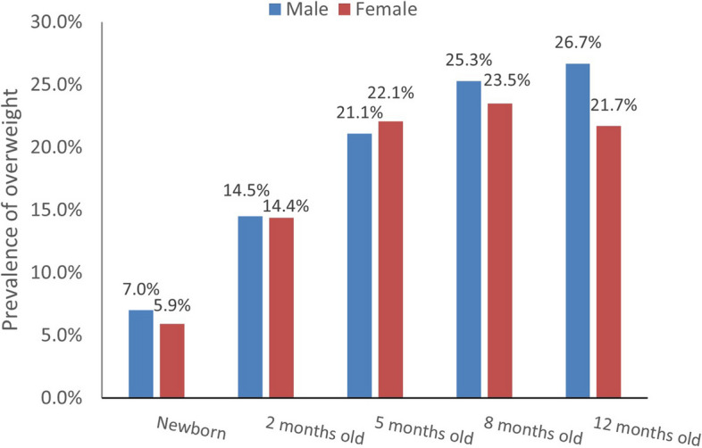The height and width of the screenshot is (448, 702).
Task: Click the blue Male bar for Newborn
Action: pyautogui.click(x=140, y=353)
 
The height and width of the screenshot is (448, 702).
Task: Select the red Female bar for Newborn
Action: pyautogui.click(x=171, y=361)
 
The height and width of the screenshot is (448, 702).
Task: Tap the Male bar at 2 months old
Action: pyautogui.click(x=250, y=307)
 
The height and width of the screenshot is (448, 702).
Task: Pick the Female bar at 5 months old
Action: pyautogui.click(x=390, y=259)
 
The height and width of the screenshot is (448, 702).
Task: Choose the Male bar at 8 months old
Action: pyautogui.click(x=469, y=239)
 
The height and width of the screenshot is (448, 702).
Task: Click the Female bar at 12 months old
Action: pyautogui.click(x=608, y=261)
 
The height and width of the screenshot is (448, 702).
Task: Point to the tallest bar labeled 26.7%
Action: pyautogui.click(x=578, y=230)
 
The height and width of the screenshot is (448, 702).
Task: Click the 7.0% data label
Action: pyautogui.click(x=140, y=290)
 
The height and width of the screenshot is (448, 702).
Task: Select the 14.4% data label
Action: pyautogui.click(x=285, y=206)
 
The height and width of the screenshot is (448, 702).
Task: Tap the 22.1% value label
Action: pyautogui.click(x=391, y=93)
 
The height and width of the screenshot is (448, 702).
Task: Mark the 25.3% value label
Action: pyautogui.click(x=469, y=61)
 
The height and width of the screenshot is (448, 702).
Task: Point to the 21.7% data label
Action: pyautogui.click(x=614, y=105)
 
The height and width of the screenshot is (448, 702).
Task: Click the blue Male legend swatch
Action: pyautogui.click(x=275, y=10)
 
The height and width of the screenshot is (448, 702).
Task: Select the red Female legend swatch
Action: pyautogui.click(x=345, y=10)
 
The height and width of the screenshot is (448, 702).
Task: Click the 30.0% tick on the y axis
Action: pyautogui.click(x=56, y=22)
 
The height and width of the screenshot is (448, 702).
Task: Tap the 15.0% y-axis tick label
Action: pyautogui.click(x=56, y=210)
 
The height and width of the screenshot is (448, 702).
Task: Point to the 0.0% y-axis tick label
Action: pyautogui.click(x=62, y=398)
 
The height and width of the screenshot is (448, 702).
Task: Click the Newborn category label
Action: pyautogui.click(x=192, y=428)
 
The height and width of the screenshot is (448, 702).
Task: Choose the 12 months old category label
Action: pyautogui.click(x=647, y=430)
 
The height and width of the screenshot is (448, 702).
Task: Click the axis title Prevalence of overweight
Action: pyautogui.click(x=11, y=210)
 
